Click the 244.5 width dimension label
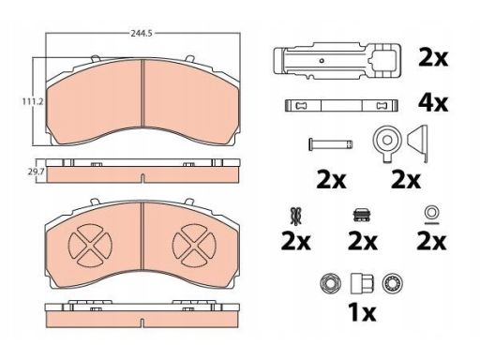[x=142, y=33]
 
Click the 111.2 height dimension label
[x=32, y=101]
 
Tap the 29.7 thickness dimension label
[x=37, y=172]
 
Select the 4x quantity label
[x=433, y=102]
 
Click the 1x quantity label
[x=362, y=312]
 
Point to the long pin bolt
[x=331, y=144]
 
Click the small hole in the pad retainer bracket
[x=322, y=60]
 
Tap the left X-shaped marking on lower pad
[x=90, y=246]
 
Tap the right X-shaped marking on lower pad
[x=194, y=246]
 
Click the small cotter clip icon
[x=295, y=216]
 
